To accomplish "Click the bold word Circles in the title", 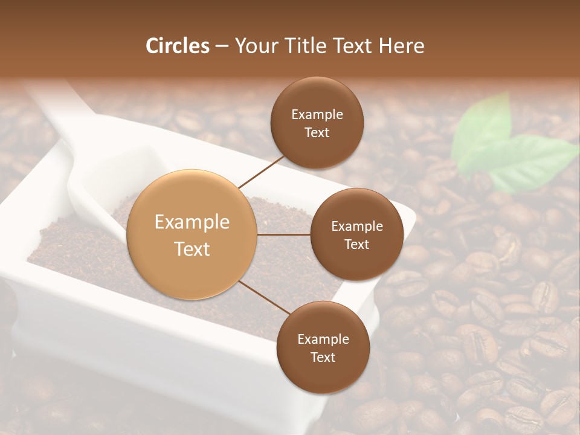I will click(x=178, y=46).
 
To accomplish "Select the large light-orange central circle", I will click(x=192, y=234).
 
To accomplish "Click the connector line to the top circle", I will click(x=261, y=171).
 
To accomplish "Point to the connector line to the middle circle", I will click(x=284, y=234).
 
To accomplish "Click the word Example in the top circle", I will click(x=317, y=115).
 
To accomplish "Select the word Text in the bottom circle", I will click(x=323, y=357).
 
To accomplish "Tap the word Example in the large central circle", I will click(x=192, y=222).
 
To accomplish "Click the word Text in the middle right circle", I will click(x=357, y=244).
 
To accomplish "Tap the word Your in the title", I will click(x=256, y=46).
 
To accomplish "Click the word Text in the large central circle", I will click(x=192, y=249).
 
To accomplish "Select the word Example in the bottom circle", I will click(x=323, y=340).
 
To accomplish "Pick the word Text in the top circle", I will click(x=317, y=132).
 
